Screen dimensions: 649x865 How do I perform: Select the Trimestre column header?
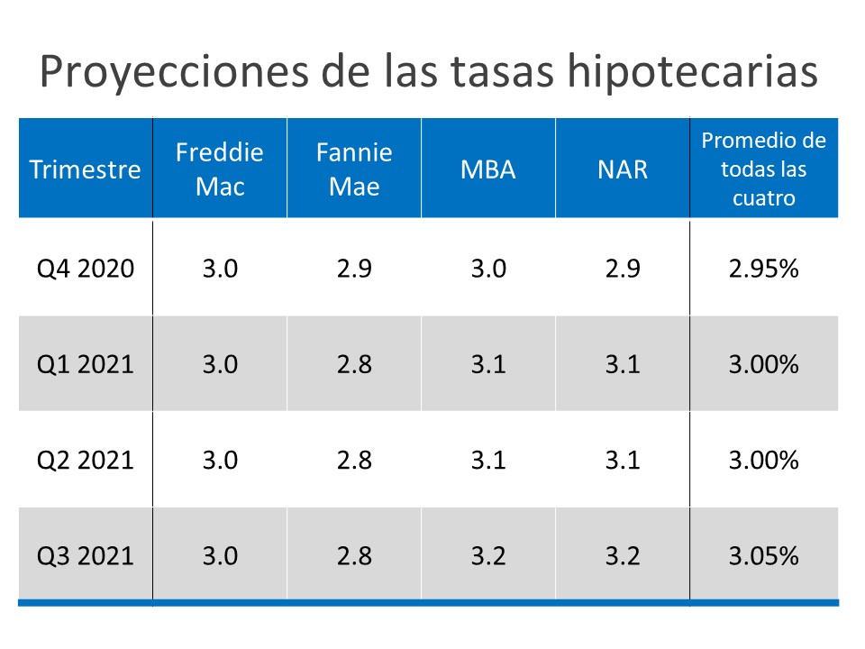[85, 169]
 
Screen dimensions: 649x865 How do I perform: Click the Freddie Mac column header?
[220, 169]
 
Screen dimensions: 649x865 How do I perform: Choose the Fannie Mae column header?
[354, 169]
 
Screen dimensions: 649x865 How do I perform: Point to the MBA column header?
[488, 169]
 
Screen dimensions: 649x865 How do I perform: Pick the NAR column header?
[623, 169]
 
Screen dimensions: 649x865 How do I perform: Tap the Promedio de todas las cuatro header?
[763, 169]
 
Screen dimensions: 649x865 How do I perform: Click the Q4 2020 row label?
[85, 269]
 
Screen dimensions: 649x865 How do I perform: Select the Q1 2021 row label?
[85, 364]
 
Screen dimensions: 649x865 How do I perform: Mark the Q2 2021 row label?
[85, 460]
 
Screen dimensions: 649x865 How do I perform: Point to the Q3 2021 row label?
[85, 555]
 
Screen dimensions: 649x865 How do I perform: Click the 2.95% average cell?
[763, 269]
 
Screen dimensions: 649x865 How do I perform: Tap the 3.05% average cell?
[763, 555]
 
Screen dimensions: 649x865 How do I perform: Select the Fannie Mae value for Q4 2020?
[354, 269]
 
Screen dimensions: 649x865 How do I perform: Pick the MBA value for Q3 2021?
[488, 555]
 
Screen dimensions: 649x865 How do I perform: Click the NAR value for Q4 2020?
[623, 269]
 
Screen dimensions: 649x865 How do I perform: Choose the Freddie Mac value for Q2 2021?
[220, 460]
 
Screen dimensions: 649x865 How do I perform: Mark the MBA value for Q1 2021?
[488, 364]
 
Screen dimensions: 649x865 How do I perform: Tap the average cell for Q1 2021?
[763, 364]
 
